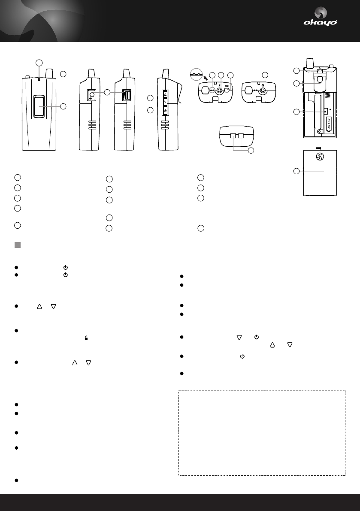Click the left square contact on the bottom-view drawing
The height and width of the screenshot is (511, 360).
[233, 136]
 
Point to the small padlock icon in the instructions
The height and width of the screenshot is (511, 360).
[87, 338]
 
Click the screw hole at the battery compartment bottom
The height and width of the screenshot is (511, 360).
[318, 131]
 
